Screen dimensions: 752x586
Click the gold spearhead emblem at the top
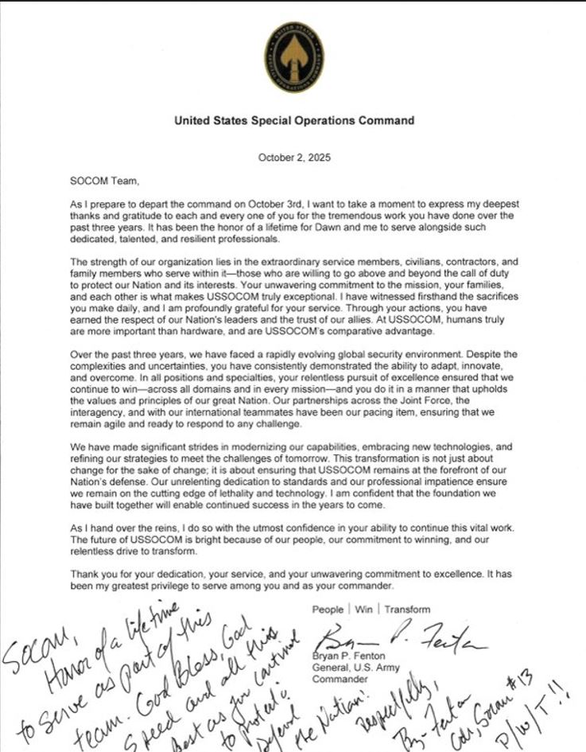click(293, 56)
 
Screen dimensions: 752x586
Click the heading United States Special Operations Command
click(293, 121)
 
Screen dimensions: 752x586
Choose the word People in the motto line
click(328, 610)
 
